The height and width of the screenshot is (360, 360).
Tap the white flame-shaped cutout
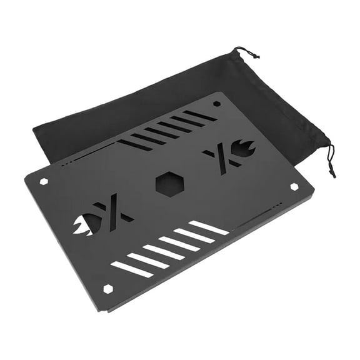click(83, 223)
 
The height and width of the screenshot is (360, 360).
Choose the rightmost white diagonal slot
click(209, 227)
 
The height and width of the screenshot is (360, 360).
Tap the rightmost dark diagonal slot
click(199, 115)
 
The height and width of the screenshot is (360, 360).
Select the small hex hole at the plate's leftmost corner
click(44, 181)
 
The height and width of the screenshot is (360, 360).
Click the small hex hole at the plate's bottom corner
click(108, 288)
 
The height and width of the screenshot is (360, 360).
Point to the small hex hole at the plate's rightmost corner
click(294, 186)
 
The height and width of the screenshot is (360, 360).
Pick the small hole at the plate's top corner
click(216, 103)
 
